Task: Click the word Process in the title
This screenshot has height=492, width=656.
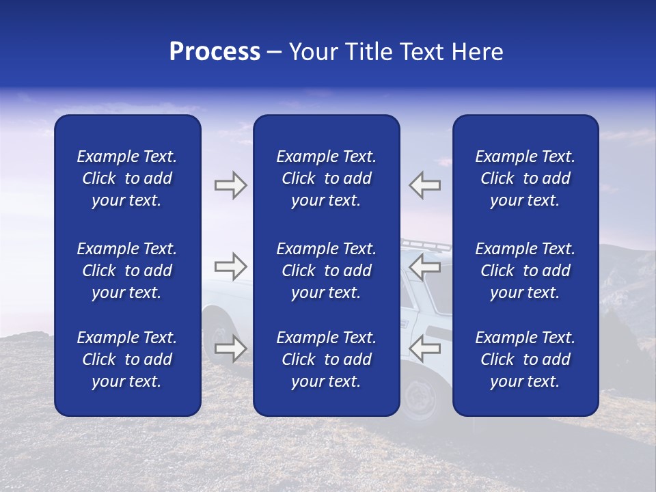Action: point(215,52)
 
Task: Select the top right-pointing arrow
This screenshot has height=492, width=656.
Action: point(230,185)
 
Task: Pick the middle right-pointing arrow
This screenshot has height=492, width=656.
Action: point(230,266)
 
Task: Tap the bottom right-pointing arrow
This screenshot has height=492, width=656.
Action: point(230,348)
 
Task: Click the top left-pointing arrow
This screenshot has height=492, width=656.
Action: point(425,185)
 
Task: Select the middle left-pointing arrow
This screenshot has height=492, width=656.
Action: point(425,266)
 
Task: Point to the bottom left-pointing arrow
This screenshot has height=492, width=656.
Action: point(425,348)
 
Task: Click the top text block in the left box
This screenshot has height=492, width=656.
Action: point(127,178)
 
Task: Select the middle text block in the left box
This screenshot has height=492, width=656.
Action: point(127,271)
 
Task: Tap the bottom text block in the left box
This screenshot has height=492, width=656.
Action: point(127,359)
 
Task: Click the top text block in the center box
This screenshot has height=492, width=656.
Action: point(326,178)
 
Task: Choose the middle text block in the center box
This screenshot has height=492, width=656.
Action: point(326,271)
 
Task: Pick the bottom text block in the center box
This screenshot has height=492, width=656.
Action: point(326,359)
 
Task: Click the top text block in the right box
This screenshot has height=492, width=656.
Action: point(525,178)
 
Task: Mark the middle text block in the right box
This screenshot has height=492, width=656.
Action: point(525,271)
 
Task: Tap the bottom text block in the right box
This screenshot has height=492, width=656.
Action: point(525,359)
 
